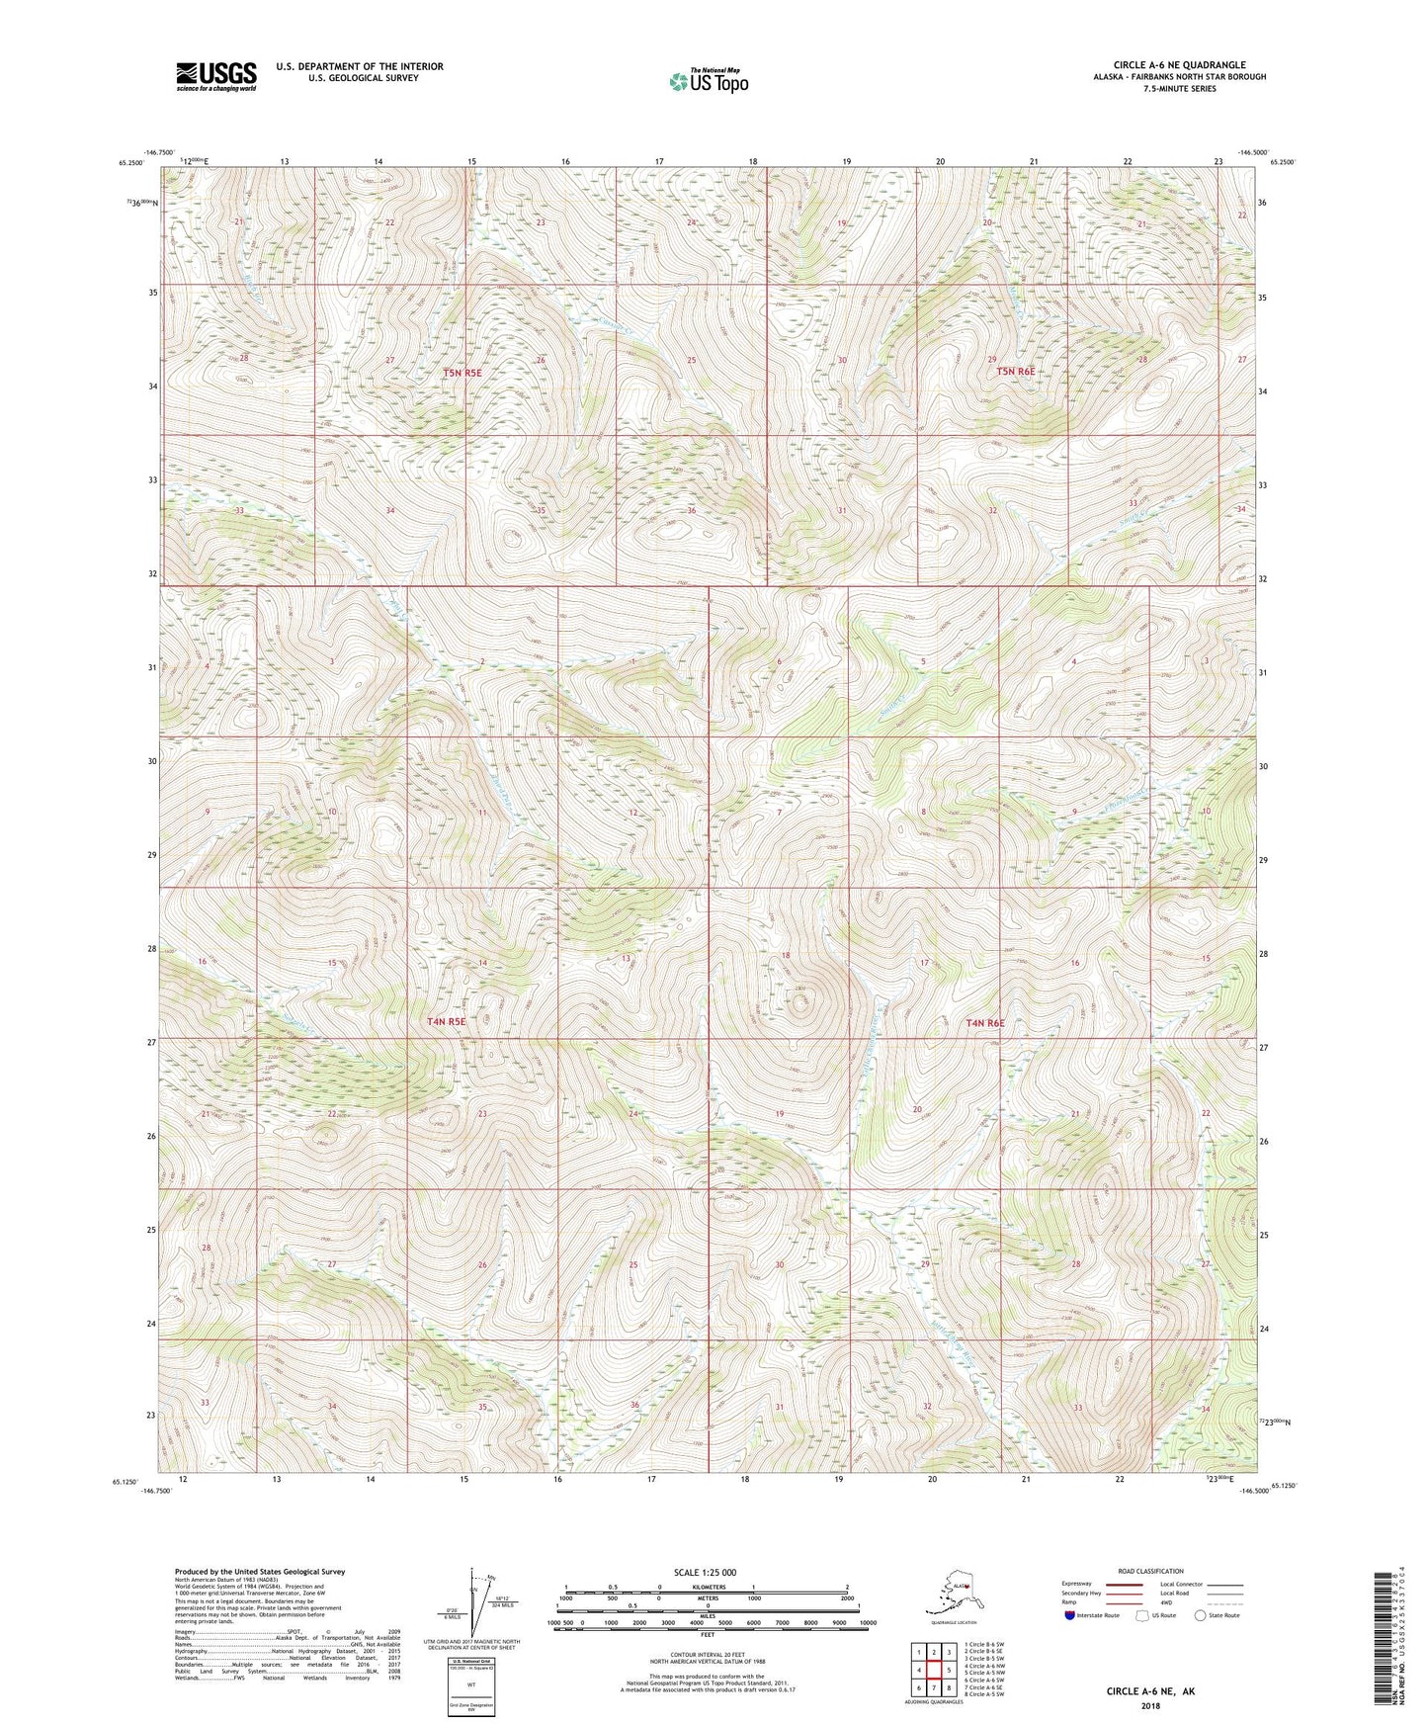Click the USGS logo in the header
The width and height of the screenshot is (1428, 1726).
(215, 76)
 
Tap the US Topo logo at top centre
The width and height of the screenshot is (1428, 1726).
(707, 81)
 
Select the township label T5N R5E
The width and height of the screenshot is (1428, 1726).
(462, 373)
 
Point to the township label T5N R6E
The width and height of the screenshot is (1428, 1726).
(1015, 371)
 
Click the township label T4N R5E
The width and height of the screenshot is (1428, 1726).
(446, 1022)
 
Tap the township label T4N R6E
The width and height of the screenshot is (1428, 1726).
(984, 1023)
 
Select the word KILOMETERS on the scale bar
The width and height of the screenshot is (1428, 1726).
(706, 1587)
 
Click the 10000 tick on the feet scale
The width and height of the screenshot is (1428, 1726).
(868, 1623)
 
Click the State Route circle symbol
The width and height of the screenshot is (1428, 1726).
(1201, 1615)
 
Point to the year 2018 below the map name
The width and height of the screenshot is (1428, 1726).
(1150, 1705)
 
